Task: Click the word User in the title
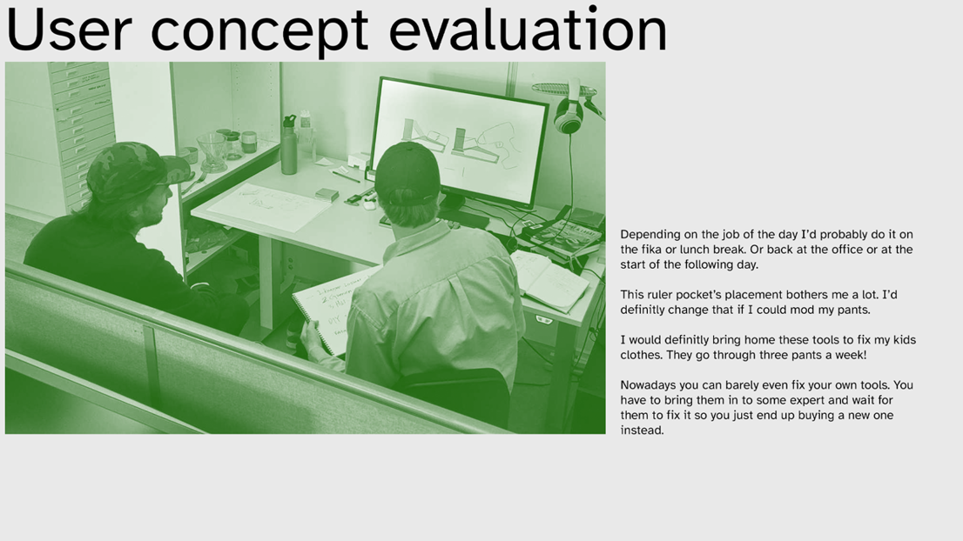pyautogui.click(x=69, y=29)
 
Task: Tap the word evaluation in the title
pyautogui.click(x=529, y=29)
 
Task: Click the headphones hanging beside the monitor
pyautogui.click(x=569, y=110)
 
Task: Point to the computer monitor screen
pyautogui.click(x=461, y=141)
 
